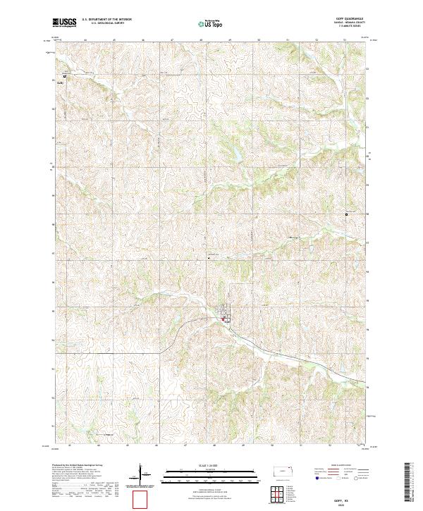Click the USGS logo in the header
[63, 24]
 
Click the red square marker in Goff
[223, 320]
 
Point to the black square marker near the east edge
[346, 214]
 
